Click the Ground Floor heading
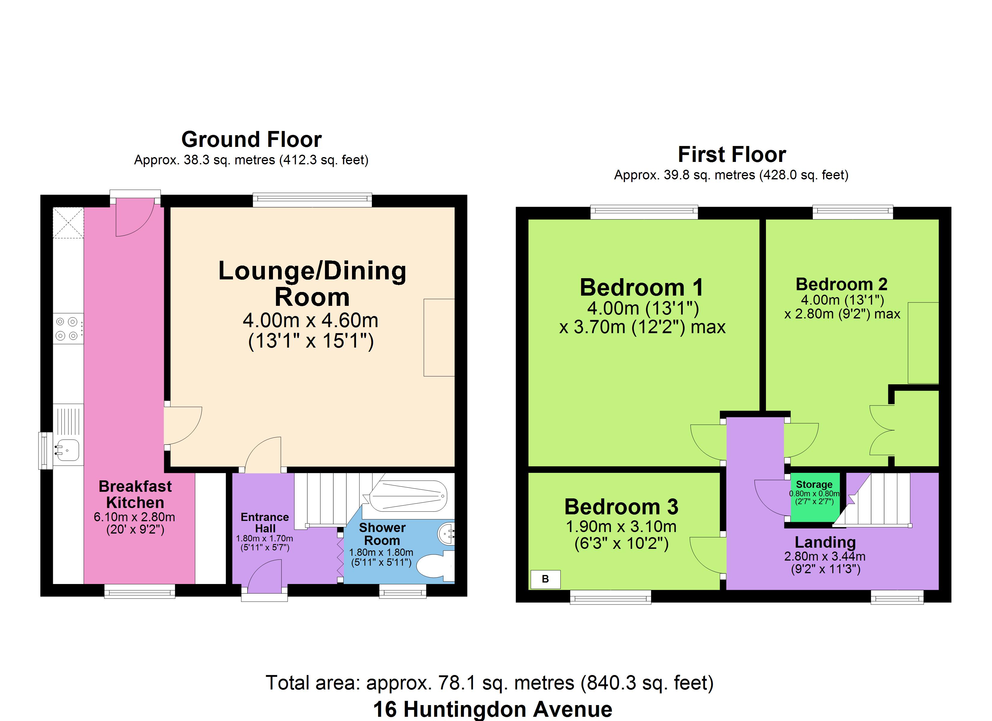pyautogui.click(x=252, y=139)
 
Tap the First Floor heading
pyautogui.click(x=732, y=154)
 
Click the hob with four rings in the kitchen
pyautogui.click(x=68, y=329)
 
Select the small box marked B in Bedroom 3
pyautogui.click(x=545, y=579)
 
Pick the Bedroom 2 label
pyautogui.click(x=841, y=284)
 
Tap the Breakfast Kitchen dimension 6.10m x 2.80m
pyautogui.click(x=134, y=517)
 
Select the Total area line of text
pyautogui.click(x=489, y=683)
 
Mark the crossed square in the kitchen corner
pyautogui.click(x=68, y=223)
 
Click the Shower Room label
pyautogui.click(x=382, y=534)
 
